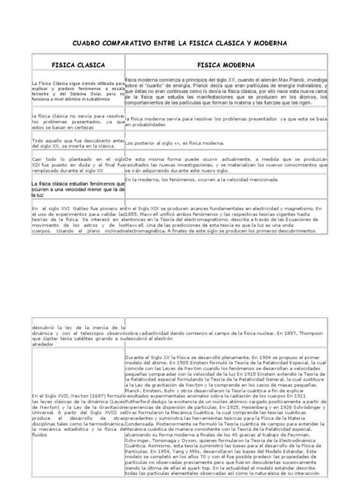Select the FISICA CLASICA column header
[78, 65]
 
